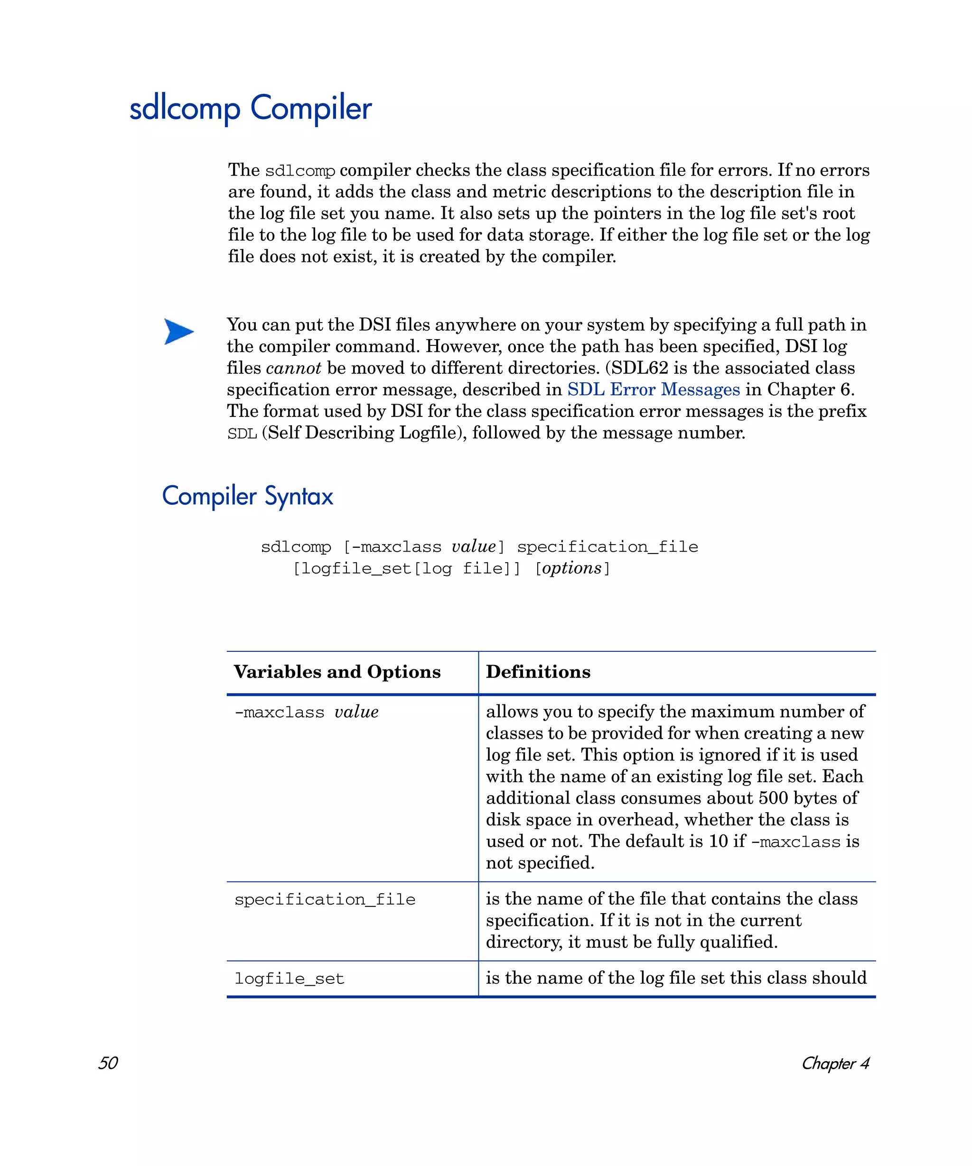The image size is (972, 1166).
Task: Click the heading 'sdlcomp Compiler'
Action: pyautogui.click(x=250, y=108)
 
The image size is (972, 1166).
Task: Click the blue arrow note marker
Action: pyautogui.click(x=178, y=332)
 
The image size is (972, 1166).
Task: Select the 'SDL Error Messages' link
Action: pyautogui.click(x=653, y=389)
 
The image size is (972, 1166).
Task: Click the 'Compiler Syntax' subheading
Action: pyautogui.click(x=247, y=495)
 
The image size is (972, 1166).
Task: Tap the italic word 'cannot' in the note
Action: pyautogui.click(x=293, y=368)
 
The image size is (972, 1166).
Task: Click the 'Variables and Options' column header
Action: pyautogui.click(x=337, y=672)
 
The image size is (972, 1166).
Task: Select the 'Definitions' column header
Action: pyautogui.click(x=538, y=672)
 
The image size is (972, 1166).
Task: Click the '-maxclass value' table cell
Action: pyautogui.click(x=306, y=712)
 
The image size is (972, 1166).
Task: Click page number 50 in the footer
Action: pyautogui.click(x=108, y=1063)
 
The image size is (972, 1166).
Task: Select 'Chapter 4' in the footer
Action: pyautogui.click(x=835, y=1063)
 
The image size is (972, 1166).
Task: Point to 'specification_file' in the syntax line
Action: pyautogui.click(x=607, y=547)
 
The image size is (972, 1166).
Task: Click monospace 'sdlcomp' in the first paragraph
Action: pyautogui.click(x=299, y=170)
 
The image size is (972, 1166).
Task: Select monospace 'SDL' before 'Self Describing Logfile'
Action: pyautogui.click(x=242, y=433)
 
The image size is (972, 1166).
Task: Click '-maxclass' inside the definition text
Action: pyautogui.click(x=795, y=842)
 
